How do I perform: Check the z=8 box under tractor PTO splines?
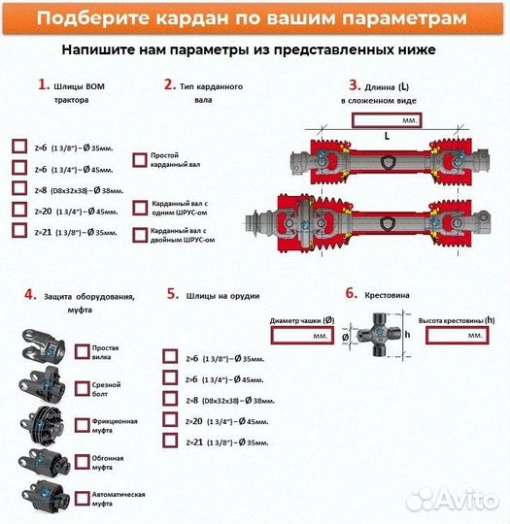click(19, 188)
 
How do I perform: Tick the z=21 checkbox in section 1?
click(19, 231)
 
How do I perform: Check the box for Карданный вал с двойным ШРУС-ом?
click(139, 234)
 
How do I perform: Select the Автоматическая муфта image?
click(45, 494)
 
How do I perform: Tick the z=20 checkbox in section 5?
click(170, 420)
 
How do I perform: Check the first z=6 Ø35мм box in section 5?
click(170, 357)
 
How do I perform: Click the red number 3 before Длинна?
click(355, 85)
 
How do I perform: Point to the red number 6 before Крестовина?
click(351, 293)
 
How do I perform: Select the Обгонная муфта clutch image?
click(45, 460)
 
